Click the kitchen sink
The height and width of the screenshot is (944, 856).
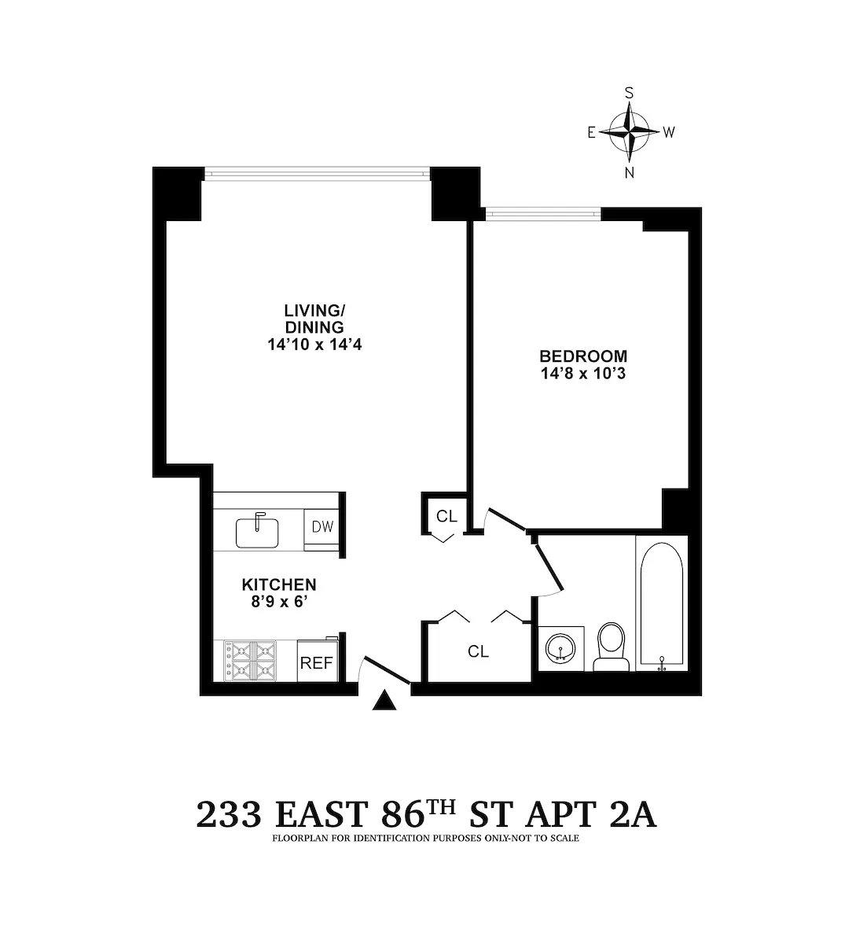click(256, 531)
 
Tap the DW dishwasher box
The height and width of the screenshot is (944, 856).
click(322, 527)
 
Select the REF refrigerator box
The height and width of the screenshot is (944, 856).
click(317, 662)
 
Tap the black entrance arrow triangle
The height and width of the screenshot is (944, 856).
click(384, 700)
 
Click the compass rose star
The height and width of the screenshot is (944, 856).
click(629, 131)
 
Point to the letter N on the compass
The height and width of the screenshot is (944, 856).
click(629, 174)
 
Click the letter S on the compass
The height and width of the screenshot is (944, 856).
click(629, 92)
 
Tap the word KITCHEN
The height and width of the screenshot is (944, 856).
click(278, 584)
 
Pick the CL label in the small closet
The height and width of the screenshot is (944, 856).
click(446, 516)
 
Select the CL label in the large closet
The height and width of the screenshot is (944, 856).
click(478, 651)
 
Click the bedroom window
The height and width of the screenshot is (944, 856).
click(543, 212)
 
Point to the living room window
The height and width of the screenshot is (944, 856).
click(317, 172)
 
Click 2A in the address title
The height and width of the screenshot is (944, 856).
click(632, 815)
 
